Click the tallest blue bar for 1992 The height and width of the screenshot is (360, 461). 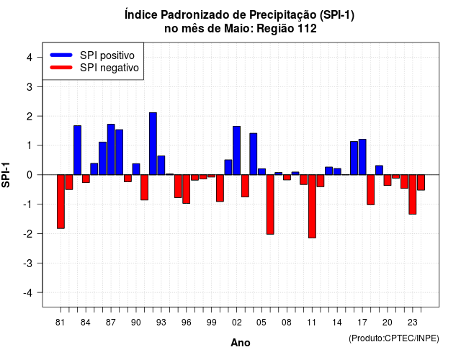[153, 144]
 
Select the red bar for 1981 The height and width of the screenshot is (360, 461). [61, 202]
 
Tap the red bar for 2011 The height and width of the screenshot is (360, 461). [312, 207]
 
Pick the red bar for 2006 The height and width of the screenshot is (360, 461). [270, 204]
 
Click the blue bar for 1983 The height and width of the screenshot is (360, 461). [78, 150]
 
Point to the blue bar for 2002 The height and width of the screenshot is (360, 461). [237, 150]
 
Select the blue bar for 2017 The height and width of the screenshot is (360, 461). [362, 157]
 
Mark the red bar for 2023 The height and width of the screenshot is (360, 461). [413, 194]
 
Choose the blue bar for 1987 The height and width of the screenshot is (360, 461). [111, 150]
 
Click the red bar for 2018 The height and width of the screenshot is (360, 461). [371, 190]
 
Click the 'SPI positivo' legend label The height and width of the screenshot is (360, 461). [107, 55]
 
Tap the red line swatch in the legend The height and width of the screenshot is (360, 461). [61, 68]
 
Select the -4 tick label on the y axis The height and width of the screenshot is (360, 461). [28, 293]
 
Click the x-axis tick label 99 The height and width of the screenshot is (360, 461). [211, 323]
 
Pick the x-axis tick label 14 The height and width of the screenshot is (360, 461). [337, 323]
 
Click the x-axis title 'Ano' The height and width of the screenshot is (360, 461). [241, 343]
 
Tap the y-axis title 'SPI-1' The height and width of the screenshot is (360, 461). [6, 175]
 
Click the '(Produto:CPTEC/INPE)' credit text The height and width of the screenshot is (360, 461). [394, 338]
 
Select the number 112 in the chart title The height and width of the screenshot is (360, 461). [308, 29]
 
